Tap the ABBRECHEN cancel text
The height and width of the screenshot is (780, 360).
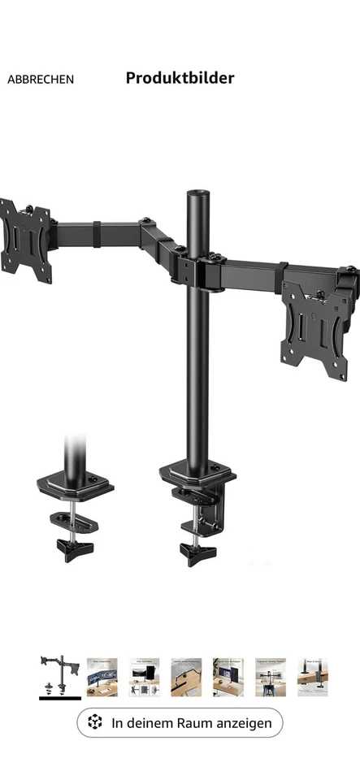[41, 79]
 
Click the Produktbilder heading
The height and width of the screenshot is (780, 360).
[180, 78]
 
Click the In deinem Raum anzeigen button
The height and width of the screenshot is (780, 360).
[180, 722]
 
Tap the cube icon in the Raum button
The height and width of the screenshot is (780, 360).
[96, 722]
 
